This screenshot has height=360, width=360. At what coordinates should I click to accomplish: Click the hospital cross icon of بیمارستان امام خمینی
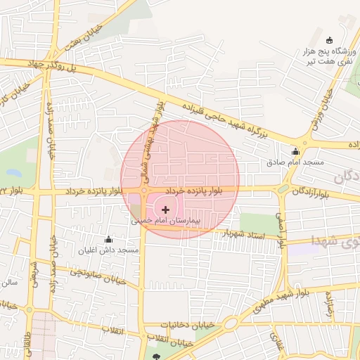[166, 209]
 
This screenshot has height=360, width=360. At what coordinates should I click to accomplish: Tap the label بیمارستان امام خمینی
[166, 221]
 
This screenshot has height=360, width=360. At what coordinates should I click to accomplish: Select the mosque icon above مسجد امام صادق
[295, 151]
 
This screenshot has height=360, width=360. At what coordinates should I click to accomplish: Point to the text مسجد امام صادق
[295, 162]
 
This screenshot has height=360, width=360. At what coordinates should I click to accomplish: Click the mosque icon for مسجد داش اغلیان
[108, 240]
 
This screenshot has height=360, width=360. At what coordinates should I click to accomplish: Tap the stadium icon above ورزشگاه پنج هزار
[330, 39]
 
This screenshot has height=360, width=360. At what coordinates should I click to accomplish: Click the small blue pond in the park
[13, 171]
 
